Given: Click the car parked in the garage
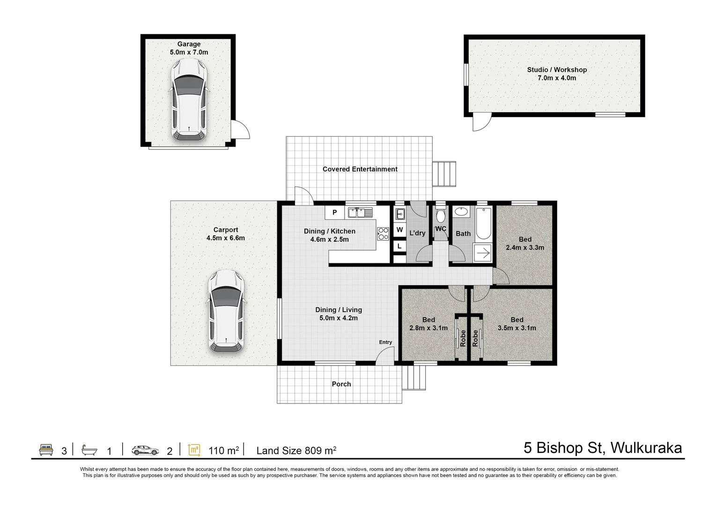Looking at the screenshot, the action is point(189,100).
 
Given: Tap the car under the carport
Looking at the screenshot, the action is point(226,312).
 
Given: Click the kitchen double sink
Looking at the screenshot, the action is point(360,212).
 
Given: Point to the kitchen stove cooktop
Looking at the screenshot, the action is point(383,233).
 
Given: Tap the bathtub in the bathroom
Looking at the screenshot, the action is point(483,223).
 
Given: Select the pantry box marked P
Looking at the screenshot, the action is point(334,212).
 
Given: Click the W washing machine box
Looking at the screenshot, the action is point(399,230).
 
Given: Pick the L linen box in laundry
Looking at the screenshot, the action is point(399,246).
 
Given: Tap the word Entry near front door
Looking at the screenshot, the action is point(385,342).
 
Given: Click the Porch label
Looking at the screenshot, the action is point(341,384).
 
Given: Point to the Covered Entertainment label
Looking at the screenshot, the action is point(360,169).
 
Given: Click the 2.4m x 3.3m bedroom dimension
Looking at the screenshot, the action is point(525,247).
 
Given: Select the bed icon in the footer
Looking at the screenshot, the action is point(46,449).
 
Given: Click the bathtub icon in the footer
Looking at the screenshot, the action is point(89,450).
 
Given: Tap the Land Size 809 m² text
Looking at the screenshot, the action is point(296,450).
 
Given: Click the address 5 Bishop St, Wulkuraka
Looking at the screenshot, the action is point(603,447).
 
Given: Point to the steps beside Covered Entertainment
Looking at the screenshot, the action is point(444,174).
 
